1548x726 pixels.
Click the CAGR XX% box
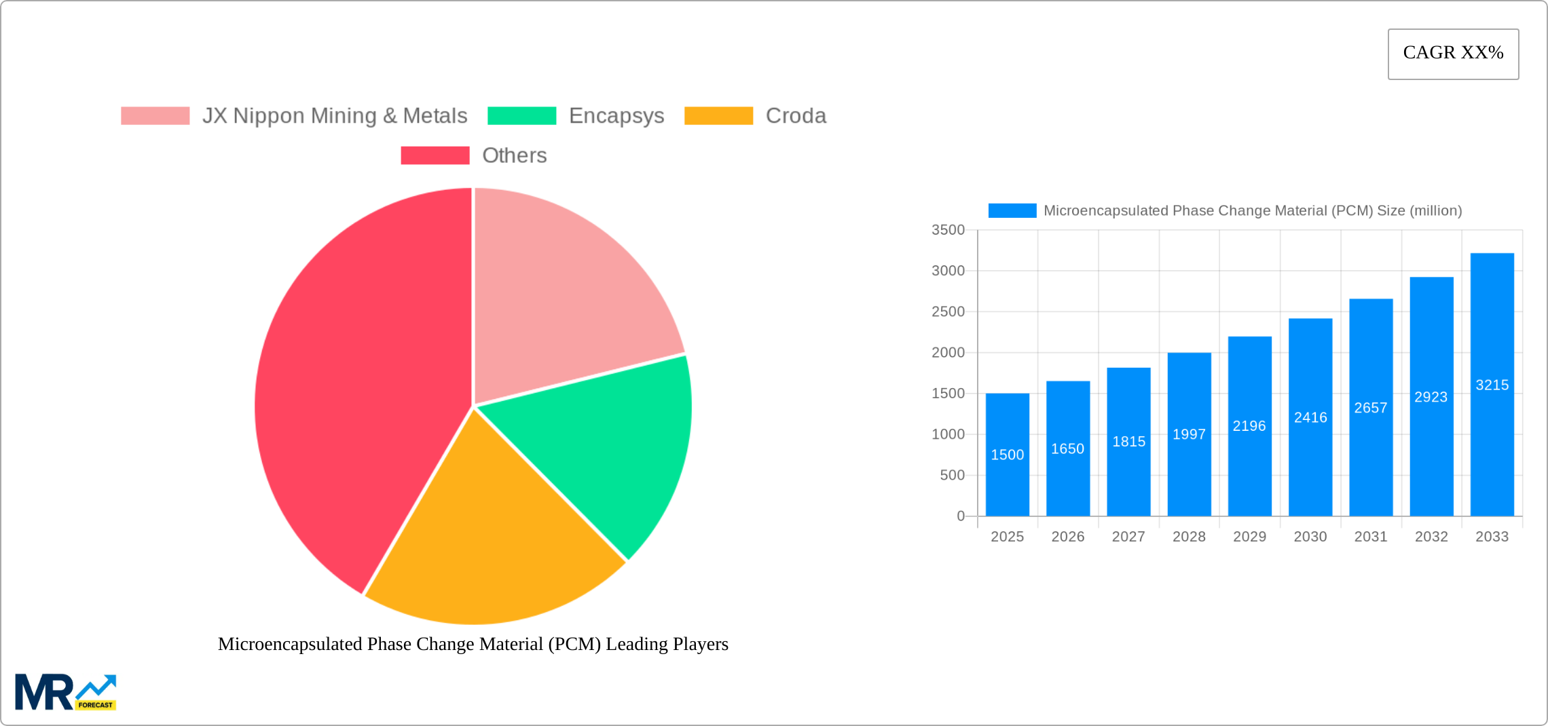[1453, 54]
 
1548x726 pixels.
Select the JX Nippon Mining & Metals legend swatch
[155, 116]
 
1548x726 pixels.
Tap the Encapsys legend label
[616, 116]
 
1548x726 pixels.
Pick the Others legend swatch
[435, 155]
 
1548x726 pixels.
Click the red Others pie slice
[353, 394]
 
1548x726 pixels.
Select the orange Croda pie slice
[489, 543]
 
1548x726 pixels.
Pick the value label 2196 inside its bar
[1249, 426]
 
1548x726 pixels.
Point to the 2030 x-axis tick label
[1310, 537]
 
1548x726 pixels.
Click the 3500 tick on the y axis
[948, 230]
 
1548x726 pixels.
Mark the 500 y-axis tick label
[952, 475]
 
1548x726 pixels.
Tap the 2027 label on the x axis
[1128, 537]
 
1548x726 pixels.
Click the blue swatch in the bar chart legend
[1012, 211]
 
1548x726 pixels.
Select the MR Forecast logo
[65, 692]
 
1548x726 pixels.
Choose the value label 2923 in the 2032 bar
[1431, 397]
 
